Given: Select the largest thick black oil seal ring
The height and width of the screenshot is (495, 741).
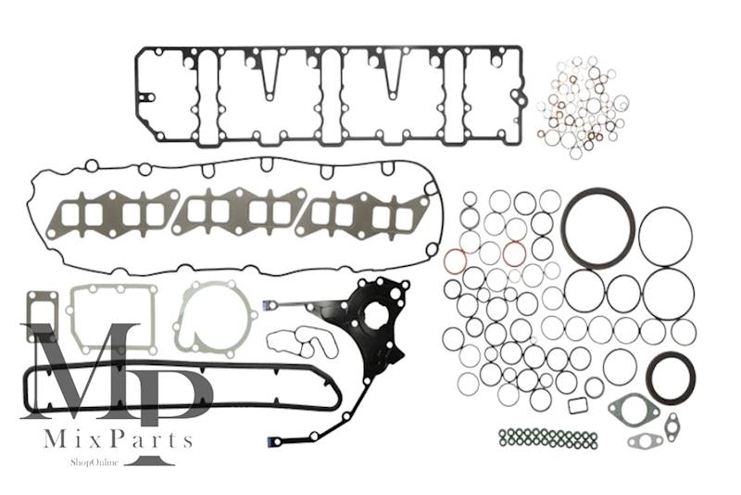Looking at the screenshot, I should [598, 228].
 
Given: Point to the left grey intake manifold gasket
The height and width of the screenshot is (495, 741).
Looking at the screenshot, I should [110, 214].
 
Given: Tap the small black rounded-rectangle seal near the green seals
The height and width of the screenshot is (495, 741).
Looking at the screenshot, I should [577, 406].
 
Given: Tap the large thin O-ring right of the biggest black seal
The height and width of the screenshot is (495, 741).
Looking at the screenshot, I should [665, 236].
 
